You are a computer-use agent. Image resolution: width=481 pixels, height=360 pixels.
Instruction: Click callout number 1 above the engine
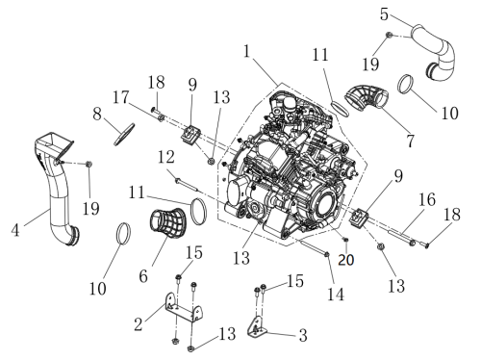[x=246, y=51]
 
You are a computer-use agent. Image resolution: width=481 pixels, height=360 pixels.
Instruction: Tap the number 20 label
[x=346, y=260]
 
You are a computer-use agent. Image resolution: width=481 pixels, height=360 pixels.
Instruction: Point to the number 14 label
[x=336, y=295]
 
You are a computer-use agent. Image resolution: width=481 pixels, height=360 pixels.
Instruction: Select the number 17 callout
[x=120, y=97]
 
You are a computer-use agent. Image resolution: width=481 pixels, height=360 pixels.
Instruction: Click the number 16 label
[x=427, y=199]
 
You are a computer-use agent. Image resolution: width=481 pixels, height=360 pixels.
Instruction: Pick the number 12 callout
[x=166, y=157]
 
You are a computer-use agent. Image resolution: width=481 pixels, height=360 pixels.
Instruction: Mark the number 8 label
[x=97, y=114]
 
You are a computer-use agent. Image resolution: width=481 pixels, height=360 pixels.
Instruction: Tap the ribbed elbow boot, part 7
[x=367, y=97]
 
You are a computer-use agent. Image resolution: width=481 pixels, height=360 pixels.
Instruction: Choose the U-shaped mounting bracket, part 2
[x=184, y=307]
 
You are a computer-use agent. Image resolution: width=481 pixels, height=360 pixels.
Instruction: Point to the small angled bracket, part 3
[x=257, y=326]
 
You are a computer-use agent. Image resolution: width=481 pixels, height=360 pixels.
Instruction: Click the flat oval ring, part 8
[x=124, y=135]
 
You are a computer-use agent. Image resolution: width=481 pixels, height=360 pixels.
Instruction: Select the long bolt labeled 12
[x=188, y=186]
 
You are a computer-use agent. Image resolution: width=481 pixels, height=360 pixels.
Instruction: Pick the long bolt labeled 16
[x=402, y=237]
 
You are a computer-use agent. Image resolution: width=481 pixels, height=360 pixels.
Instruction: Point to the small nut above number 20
[x=345, y=240]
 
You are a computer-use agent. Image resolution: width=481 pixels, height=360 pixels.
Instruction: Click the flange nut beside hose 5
[x=389, y=35]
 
